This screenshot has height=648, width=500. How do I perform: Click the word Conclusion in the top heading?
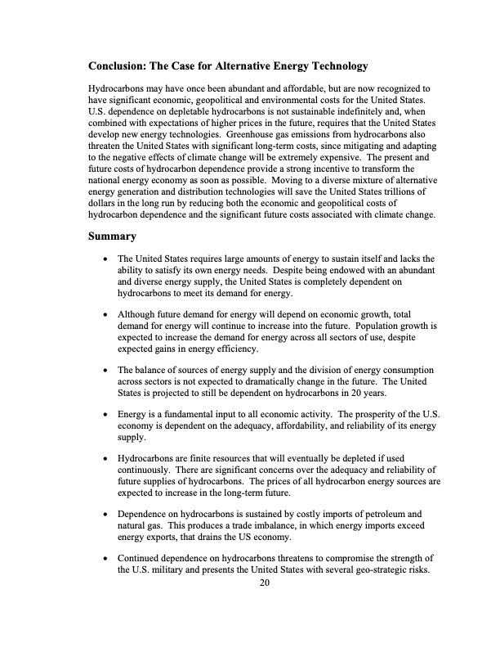[x=123, y=65]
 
